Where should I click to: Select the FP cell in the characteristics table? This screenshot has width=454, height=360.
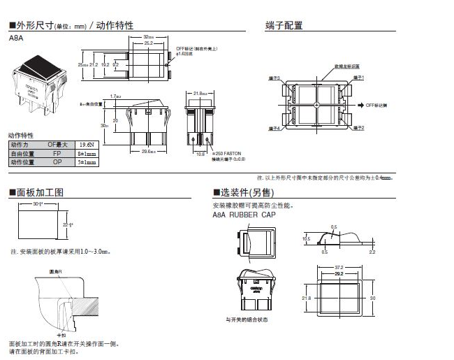pyautogui.click(x=57, y=152)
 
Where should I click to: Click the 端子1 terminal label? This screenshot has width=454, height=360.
pyautogui.click(x=359, y=78)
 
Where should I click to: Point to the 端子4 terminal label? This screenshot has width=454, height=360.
pyautogui.click(x=274, y=129)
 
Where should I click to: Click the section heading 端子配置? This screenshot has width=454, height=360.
pyautogui.click(x=284, y=26)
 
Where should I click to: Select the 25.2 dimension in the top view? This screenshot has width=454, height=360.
pyautogui.click(x=148, y=43)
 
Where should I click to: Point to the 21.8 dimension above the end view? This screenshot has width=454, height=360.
pyautogui.click(x=198, y=92)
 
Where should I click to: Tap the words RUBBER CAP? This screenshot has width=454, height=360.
pyautogui.click(x=254, y=215)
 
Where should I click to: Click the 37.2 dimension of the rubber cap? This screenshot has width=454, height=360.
pyautogui.click(x=338, y=267)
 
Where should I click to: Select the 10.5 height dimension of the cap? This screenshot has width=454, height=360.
pyautogui.click(x=307, y=238)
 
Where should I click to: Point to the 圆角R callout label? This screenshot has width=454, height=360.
pyautogui.click(x=56, y=270)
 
